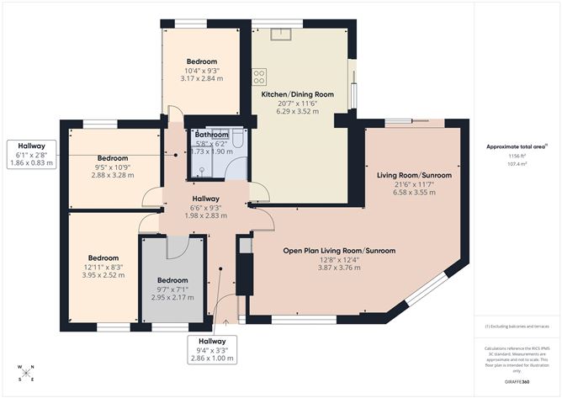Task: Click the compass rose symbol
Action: [26, 373]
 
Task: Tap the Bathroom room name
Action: [211, 135]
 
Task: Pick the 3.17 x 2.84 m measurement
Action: [202, 78]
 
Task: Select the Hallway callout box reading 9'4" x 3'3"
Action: [211, 349]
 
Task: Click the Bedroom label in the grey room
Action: [172, 280]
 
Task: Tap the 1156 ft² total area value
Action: [514, 157]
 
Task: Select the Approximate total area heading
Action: [514, 146]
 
